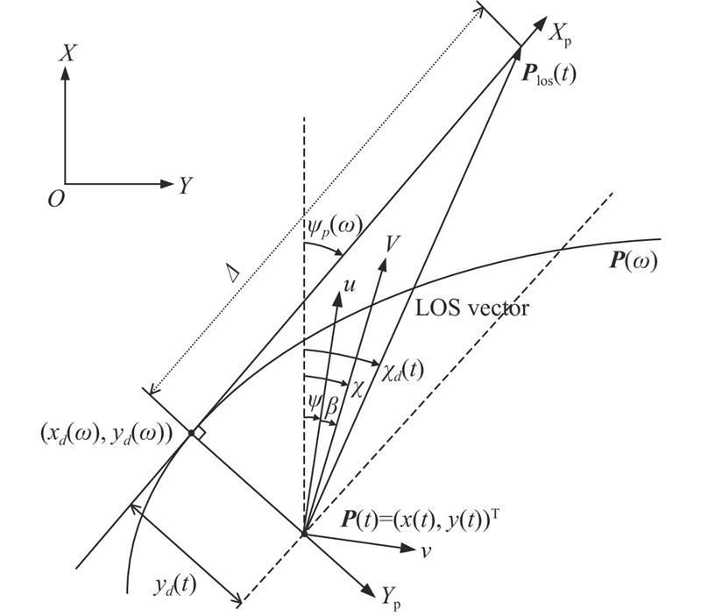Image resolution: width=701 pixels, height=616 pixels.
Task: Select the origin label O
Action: coord(56,200)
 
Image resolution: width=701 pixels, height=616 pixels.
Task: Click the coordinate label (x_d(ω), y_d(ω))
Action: coord(117,434)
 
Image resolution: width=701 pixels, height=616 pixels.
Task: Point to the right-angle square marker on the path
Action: coord(200,432)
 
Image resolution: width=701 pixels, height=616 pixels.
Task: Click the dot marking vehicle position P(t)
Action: coord(303,533)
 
